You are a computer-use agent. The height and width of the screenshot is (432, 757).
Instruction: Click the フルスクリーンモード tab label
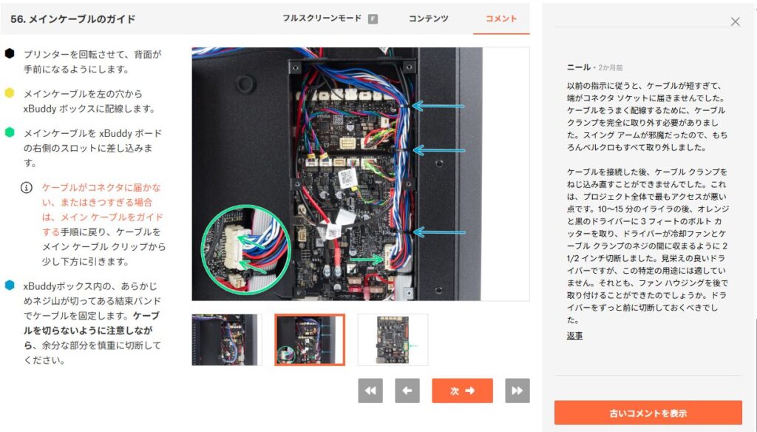322,18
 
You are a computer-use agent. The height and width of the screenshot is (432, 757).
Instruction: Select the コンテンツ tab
428,18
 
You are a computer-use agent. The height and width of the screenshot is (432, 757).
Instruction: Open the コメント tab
501,18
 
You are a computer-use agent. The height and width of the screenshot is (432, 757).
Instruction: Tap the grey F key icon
373,18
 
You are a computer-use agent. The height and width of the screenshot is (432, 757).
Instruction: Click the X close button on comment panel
735,21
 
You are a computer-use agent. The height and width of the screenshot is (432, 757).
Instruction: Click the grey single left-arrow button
407,391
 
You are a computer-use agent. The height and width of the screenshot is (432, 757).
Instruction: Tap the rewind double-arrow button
370,391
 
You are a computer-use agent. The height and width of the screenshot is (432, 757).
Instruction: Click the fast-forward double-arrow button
517,391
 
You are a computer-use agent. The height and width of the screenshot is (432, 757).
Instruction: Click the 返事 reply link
574,335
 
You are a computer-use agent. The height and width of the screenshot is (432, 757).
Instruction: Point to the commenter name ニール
579,67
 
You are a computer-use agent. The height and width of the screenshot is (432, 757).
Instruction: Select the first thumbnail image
226,340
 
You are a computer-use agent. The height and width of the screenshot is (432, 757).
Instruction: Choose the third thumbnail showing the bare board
393,340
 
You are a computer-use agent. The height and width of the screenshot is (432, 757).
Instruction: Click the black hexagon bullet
10,53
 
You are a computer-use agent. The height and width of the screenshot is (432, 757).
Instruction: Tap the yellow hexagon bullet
10,92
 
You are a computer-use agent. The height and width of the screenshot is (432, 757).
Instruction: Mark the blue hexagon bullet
10,285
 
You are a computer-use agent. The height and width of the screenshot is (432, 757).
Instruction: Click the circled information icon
27,187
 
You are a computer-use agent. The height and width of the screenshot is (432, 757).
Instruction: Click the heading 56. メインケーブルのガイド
73,18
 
